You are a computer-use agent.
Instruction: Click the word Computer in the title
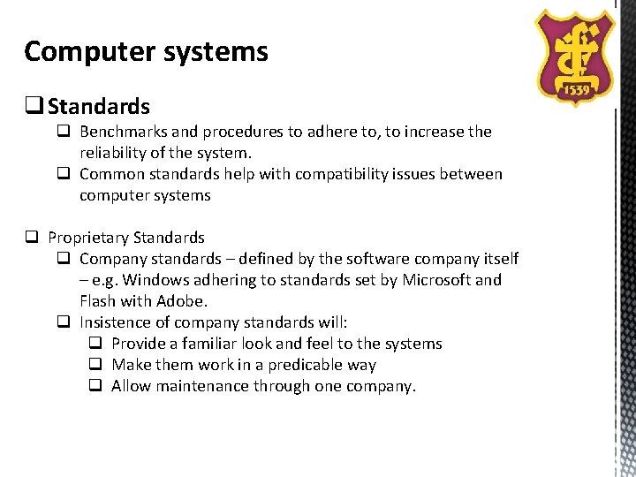pos(79,52)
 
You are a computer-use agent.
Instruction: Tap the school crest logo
pos(577,55)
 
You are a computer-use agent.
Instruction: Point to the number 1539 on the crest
pos(577,89)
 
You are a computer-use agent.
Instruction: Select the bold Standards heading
pos(99,107)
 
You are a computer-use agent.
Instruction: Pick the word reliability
pos(111,153)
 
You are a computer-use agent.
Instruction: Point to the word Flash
pos(99,301)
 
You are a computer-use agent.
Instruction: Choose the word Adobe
pos(184,301)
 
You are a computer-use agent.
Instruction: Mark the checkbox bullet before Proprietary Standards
pos(31,238)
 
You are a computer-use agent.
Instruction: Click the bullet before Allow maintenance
pos(95,386)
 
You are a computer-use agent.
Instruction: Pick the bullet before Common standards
pos(63,174)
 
